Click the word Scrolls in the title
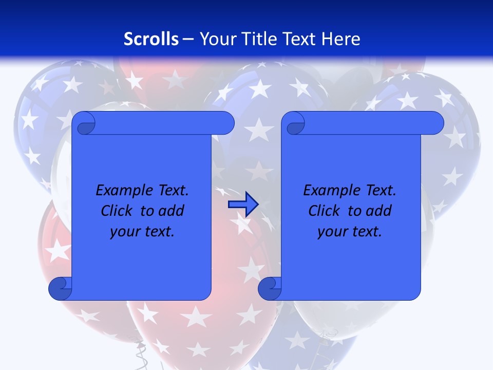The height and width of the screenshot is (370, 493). coord(151,39)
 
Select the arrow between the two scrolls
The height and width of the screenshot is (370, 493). coord(243,205)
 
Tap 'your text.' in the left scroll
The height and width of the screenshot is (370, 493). coord(142,232)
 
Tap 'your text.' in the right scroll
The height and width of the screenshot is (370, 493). coord(350,232)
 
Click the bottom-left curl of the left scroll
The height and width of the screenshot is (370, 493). coord(61,289)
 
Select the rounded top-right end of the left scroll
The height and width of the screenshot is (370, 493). coord(226,123)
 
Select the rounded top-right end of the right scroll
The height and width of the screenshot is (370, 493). coord(436,123)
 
